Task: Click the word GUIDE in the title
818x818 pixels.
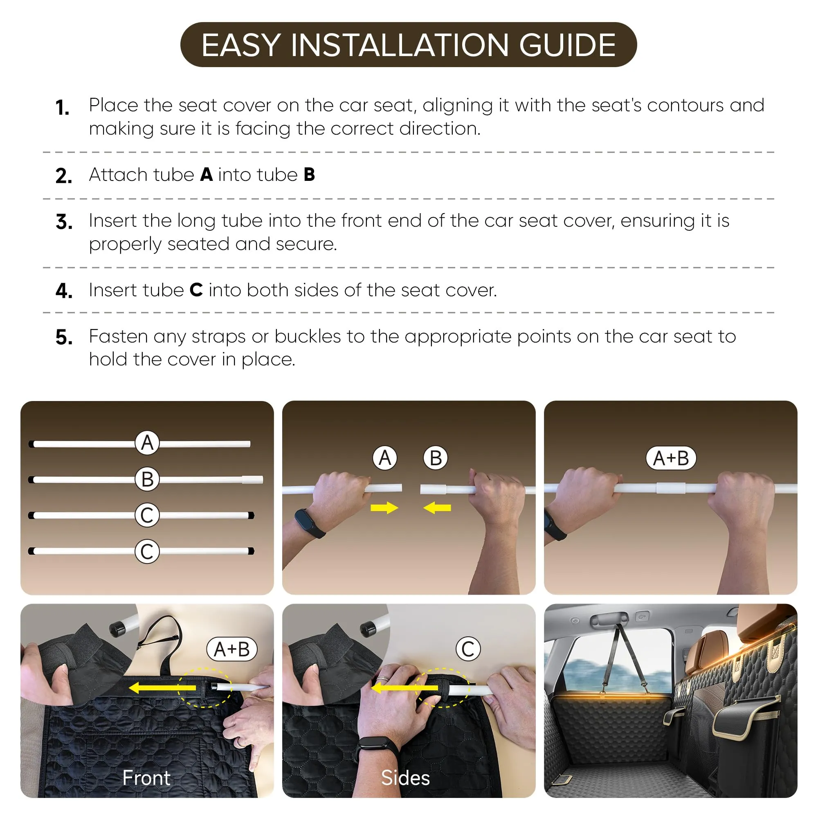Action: click(567, 45)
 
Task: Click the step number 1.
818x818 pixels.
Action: click(62, 108)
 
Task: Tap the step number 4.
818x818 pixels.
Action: click(64, 291)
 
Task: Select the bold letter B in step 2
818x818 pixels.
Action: click(309, 175)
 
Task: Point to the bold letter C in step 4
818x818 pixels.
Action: click(196, 290)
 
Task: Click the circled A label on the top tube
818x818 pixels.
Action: click(147, 443)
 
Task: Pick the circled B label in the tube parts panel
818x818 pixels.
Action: click(147, 479)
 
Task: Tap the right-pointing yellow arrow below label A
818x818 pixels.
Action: click(384, 507)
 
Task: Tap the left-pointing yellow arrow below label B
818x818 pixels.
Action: click(437, 507)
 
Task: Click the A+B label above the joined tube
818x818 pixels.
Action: click(671, 458)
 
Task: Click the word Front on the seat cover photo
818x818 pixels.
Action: click(146, 778)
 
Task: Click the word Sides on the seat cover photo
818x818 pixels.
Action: click(405, 778)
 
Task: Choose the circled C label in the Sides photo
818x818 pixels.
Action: click(468, 649)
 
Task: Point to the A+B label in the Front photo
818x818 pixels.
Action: click(231, 649)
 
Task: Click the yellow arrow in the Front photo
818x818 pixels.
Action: click(162, 687)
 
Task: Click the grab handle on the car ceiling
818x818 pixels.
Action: click(609, 619)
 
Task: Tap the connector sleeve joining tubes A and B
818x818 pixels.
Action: click(671, 488)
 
